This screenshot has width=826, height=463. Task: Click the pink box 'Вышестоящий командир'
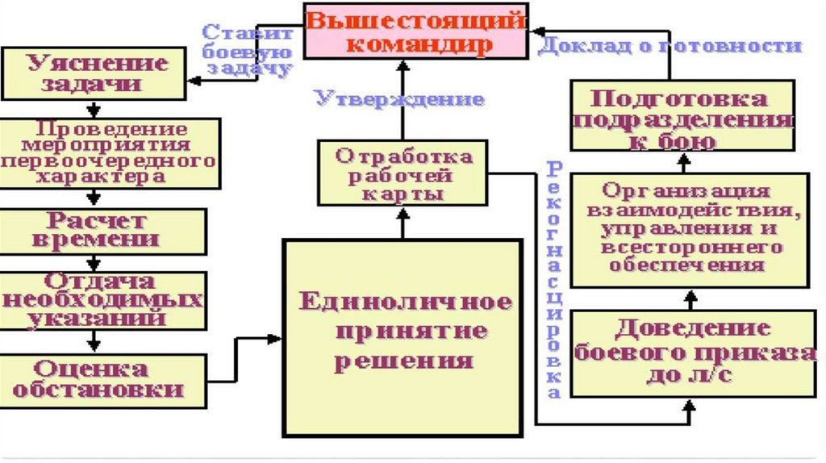coord(415,31)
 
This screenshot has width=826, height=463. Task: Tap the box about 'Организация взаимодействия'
coord(690,230)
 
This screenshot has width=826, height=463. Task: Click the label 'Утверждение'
coord(399,100)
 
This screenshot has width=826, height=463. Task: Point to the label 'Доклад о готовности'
coord(669,45)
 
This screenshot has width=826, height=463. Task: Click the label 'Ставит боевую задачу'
coord(247,51)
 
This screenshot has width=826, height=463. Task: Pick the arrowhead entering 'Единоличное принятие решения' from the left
coord(274,339)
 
